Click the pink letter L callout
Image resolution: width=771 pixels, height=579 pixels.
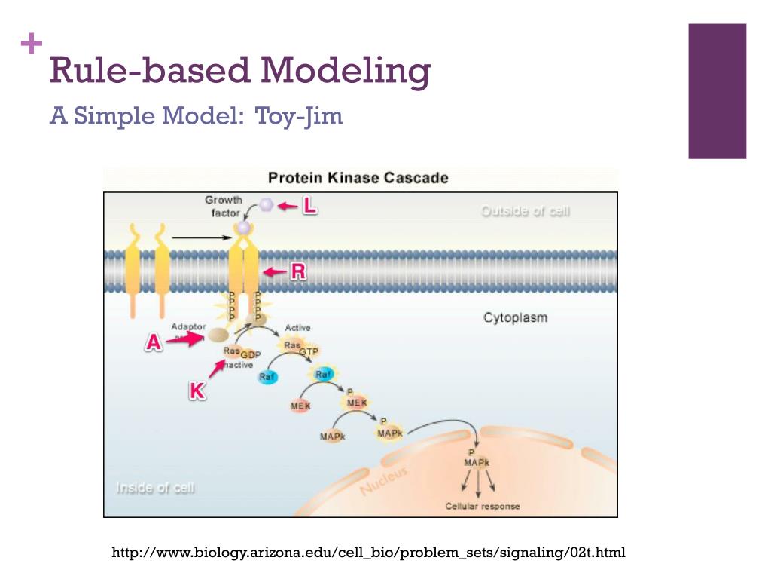click(x=309, y=205)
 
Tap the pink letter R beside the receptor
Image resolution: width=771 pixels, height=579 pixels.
click(x=298, y=272)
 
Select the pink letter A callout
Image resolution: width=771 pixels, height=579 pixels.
click(x=154, y=343)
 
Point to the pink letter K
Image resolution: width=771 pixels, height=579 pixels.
click(x=197, y=391)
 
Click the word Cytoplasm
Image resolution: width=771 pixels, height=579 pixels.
click(x=515, y=317)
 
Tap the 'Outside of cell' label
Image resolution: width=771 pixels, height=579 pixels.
click(x=526, y=212)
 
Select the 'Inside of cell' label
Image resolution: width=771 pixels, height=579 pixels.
click(x=155, y=488)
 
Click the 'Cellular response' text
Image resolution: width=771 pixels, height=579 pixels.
click(x=483, y=506)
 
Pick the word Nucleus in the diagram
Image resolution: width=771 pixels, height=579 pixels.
click(x=383, y=481)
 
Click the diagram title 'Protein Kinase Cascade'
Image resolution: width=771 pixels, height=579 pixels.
click(x=358, y=179)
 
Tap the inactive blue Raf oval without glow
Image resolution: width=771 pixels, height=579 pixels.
click(x=267, y=377)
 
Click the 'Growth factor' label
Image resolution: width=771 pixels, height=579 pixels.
click(x=224, y=206)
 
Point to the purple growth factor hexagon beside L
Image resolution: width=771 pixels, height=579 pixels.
click(x=266, y=204)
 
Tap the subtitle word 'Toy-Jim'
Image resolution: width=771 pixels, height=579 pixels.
click(x=299, y=116)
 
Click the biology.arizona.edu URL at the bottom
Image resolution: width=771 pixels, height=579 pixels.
click(x=368, y=553)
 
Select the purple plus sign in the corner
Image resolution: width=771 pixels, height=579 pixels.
click(x=32, y=44)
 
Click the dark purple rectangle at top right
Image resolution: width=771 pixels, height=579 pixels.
click(x=717, y=91)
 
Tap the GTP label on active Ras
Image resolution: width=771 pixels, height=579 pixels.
click(x=309, y=352)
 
